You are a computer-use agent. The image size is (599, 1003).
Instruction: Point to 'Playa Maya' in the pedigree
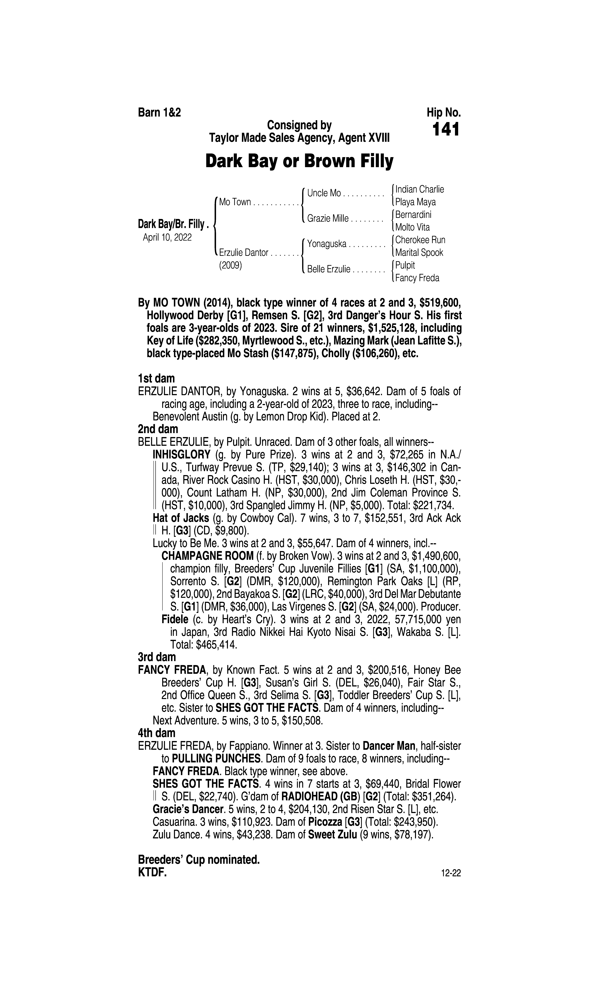(x=415, y=202)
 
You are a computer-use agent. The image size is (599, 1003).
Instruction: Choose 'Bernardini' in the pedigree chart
(x=413, y=215)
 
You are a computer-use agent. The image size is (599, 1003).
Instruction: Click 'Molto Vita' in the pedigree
(x=412, y=228)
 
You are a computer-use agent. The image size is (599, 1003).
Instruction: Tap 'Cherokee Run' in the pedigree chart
(x=420, y=240)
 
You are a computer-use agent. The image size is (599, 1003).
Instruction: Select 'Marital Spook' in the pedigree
(x=419, y=253)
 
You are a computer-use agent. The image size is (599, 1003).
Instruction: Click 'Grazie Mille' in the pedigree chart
(x=328, y=219)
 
